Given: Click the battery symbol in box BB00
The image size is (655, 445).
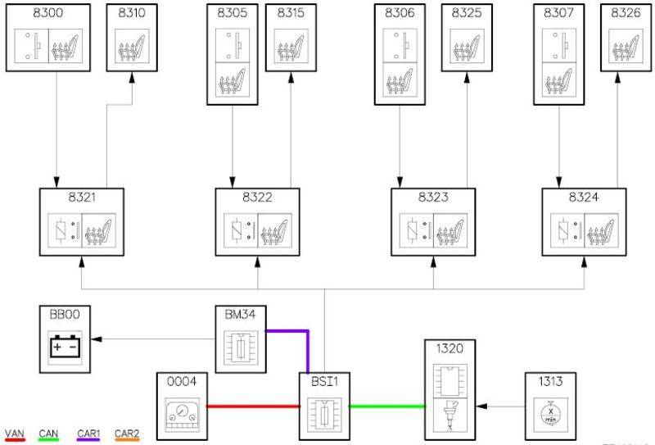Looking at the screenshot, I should [65, 347].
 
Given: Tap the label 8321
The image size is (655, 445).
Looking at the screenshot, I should [81, 198].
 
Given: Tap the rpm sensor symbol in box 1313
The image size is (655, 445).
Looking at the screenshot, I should [549, 412].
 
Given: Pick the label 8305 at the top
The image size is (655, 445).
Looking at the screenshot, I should [233, 13].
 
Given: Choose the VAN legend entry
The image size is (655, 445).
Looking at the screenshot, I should [15, 434].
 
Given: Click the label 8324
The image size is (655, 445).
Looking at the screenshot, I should [584, 198].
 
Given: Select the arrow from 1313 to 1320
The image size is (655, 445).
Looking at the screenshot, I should [499, 406].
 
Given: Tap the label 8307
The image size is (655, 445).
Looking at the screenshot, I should [558, 13].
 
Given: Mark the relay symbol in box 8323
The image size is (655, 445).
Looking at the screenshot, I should [413, 229].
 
